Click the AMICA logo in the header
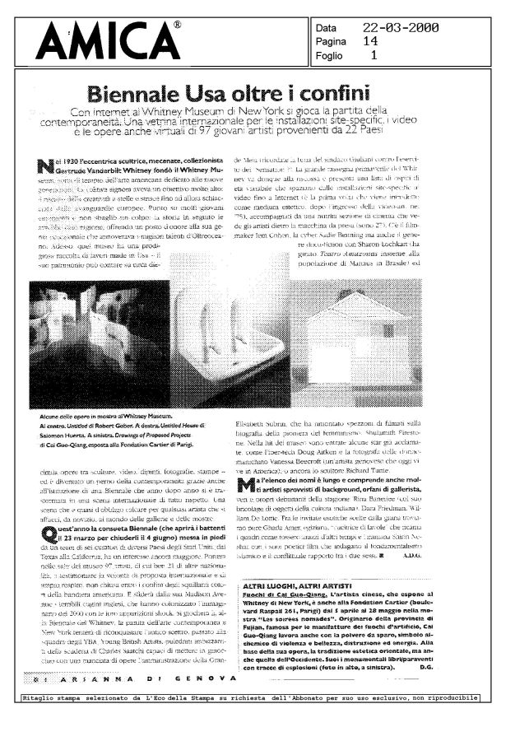point(113,40)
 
